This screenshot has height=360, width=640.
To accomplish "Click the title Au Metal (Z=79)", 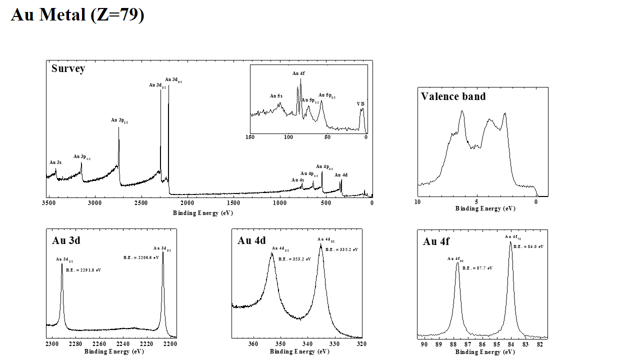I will tap(77, 15).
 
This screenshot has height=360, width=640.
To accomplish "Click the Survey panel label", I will tap(68, 69).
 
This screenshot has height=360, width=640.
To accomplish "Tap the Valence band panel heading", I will tap(453, 96).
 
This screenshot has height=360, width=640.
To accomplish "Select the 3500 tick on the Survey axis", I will tap(48, 203).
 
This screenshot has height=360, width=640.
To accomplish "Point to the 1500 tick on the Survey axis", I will tap(233, 203).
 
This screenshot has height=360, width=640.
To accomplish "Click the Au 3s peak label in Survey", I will tap(55, 162).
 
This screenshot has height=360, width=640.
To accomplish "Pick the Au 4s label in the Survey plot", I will tap(297, 180).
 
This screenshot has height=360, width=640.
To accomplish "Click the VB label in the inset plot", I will tap(360, 104).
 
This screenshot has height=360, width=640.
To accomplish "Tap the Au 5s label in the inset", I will tap(276, 96).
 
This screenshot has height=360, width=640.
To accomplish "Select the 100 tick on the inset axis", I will tap(288, 137).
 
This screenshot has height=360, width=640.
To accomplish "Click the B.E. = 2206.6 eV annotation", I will tap(141, 257).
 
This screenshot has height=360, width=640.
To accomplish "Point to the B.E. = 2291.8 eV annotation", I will tap(83, 270).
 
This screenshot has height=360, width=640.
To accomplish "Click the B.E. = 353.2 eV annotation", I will tap(294, 259).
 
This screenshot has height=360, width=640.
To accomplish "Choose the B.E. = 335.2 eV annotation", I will tap(341, 249).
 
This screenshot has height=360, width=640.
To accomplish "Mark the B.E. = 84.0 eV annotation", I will tap(528, 246).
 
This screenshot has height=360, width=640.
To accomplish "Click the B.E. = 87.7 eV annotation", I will tap(477, 268).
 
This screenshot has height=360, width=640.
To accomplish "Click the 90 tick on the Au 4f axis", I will tap(424, 344).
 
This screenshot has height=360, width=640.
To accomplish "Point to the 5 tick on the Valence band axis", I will tap(476, 202).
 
